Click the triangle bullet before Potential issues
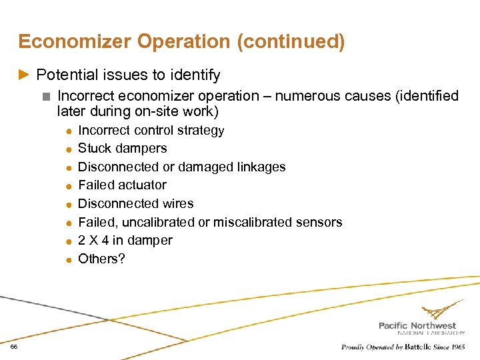[x=25, y=75]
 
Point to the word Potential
[x=66, y=75]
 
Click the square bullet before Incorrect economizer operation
[x=45, y=97]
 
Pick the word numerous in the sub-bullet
[x=307, y=96]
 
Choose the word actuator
[x=142, y=185]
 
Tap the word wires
[x=177, y=203]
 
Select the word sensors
[x=321, y=222]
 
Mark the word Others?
[x=101, y=259]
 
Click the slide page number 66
[x=13, y=347]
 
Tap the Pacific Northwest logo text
[x=417, y=325]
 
